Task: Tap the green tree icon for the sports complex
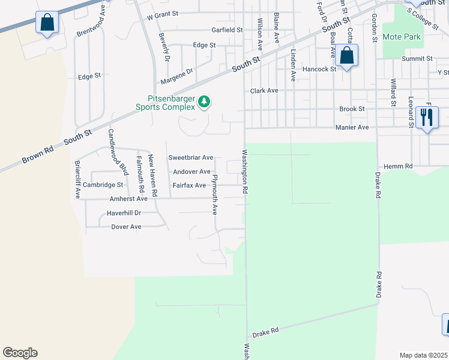click(205, 102)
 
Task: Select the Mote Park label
click(402, 37)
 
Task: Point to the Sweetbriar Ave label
click(190, 158)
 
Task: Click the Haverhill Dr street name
click(124, 213)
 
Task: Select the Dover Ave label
click(126, 227)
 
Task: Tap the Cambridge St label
click(103, 185)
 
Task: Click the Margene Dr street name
click(176, 75)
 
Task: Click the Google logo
click(20, 353)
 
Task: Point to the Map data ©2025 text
click(423, 355)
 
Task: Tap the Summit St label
click(417, 59)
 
